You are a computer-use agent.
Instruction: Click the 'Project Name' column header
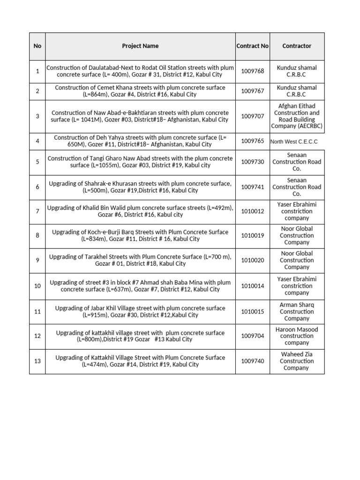[140, 46]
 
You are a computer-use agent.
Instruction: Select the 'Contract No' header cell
[252, 46]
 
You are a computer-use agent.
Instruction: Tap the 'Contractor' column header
[297, 46]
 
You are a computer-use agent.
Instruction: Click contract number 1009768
[253, 71]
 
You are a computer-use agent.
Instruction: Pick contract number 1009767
[253, 91]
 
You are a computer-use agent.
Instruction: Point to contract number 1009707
[253, 116]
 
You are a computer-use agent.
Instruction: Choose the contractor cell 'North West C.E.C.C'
[294, 141]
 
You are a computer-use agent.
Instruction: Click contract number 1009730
[253, 162]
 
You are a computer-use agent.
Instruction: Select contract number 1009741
[253, 187]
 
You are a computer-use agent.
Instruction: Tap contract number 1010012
[253, 211]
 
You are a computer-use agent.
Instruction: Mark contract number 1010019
[253, 236]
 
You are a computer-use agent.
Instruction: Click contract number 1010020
[253, 260]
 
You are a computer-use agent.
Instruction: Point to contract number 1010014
[253, 286]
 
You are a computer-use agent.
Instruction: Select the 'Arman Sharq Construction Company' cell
[297, 312]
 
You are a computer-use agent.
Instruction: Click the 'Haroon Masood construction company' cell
[297, 336]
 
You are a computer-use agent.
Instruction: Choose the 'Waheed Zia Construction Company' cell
[297, 361]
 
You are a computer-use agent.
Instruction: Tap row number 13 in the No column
[37, 361]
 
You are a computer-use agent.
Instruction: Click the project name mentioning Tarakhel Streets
[140, 260]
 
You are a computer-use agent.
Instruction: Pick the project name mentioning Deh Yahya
[140, 141]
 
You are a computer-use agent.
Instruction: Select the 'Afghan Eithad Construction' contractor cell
[297, 116]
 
